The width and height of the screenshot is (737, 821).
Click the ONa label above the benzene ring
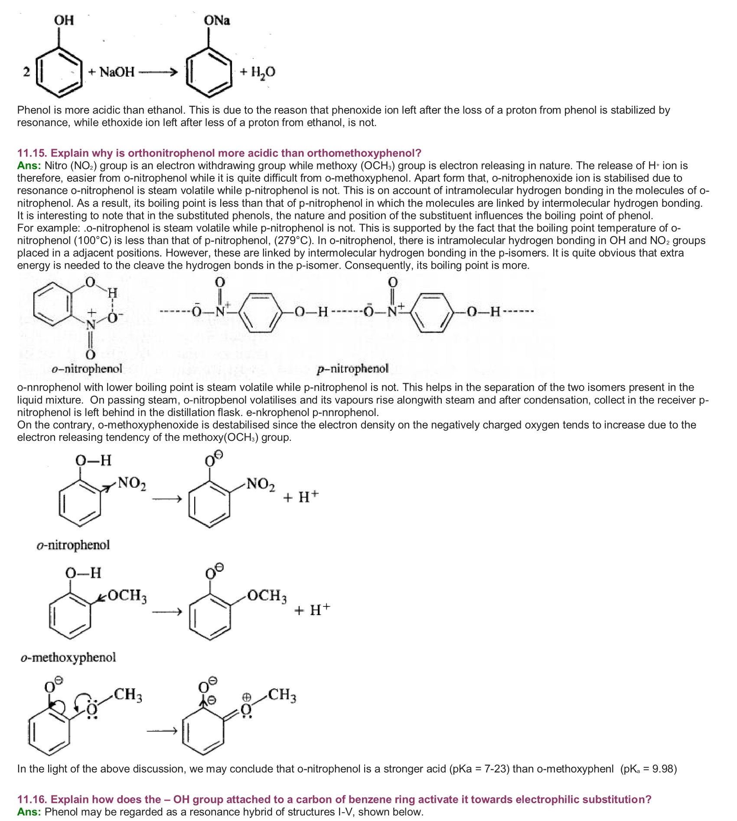[x=217, y=20]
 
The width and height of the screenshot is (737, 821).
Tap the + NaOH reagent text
[x=111, y=72]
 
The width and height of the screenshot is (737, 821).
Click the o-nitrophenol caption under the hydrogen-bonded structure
[x=87, y=369]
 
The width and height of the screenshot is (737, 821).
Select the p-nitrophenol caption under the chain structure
[x=352, y=369]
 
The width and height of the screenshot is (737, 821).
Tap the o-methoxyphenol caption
[x=68, y=658]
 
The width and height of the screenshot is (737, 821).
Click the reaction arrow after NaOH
[x=158, y=72]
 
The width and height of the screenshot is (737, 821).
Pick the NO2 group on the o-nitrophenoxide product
[x=261, y=484]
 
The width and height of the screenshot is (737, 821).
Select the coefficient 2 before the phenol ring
[x=26, y=72]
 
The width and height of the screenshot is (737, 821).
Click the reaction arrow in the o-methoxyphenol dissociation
[x=167, y=612]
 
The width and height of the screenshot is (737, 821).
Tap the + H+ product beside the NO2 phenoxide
[x=301, y=496]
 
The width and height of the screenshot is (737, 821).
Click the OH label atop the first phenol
[x=64, y=20]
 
